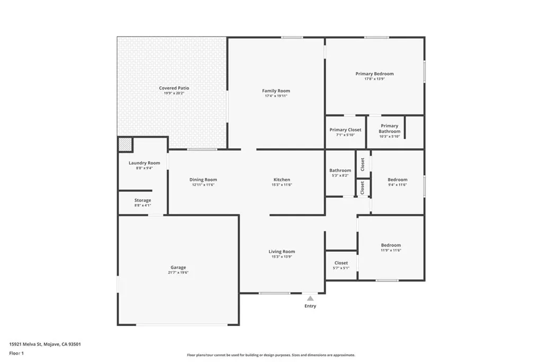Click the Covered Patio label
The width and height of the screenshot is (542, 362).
pyautogui.click(x=174, y=88)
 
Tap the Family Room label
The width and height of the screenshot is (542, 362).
pyautogui.click(x=276, y=91)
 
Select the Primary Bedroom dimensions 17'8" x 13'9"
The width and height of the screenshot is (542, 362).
pyautogui.click(x=374, y=79)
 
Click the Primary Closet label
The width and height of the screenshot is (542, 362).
pyautogui.click(x=345, y=130)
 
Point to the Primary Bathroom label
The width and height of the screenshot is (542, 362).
pyautogui.click(x=390, y=128)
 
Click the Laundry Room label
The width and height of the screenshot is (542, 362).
pyautogui.click(x=144, y=163)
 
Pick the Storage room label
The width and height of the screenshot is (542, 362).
pyautogui.click(x=143, y=200)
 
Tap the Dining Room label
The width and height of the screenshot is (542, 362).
pyautogui.click(x=203, y=180)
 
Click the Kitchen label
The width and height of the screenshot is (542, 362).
pyautogui.click(x=282, y=180)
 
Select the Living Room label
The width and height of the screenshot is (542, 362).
pyautogui.click(x=282, y=252)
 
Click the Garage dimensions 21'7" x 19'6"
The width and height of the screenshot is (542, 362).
pyautogui.click(x=178, y=273)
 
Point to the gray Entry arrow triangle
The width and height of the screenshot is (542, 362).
pyautogui.click(x=310, y=298)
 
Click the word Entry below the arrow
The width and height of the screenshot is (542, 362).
pyautogui.click(x=310, y=306)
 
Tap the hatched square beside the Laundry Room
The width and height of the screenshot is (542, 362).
pyautogui.click(x=125, y=144)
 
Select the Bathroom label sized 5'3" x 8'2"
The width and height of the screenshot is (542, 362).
pyautogui.click(x=340, y=170)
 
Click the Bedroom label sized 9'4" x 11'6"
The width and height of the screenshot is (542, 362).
pyautogui.click(x=398, y=180)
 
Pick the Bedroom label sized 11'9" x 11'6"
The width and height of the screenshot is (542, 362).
pyautogui.click(x=391, y=245)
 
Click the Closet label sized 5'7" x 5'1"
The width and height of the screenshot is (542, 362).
pyautogui.click(x=341, y=263)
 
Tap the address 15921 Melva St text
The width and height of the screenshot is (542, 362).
pyautogui.click(x=25, y=345)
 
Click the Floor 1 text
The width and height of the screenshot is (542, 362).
pyautogui.click(x=16, y=354)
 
